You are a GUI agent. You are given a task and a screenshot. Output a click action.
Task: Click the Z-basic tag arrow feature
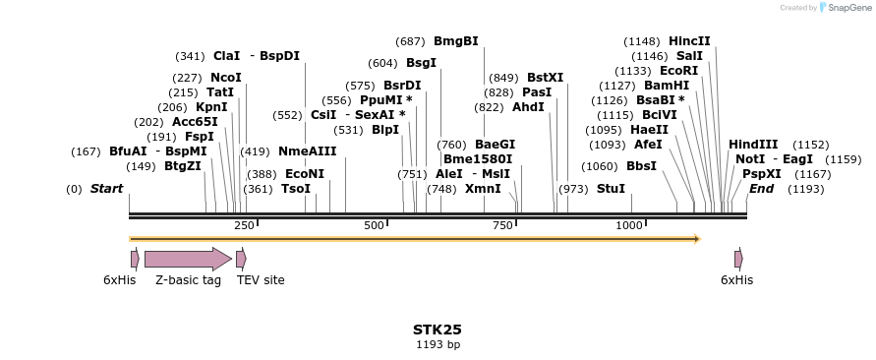pos(187,259)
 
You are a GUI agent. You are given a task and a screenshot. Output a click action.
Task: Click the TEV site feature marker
pos(241,259)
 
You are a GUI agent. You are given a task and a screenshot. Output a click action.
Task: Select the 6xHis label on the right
pos(736,280)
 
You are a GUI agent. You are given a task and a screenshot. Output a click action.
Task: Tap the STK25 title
pos(438,330)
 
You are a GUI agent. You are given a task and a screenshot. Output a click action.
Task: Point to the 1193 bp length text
pos(438,344)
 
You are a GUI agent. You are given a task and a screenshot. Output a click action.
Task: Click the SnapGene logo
pos(831,8)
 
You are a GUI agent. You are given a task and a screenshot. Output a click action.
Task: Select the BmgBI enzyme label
pos(455,41)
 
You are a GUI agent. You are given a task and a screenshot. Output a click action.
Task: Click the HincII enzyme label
pos(689,41)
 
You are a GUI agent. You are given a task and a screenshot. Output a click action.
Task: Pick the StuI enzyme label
pos(611,189)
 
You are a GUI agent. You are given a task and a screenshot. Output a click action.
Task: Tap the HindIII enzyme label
pos(753,145)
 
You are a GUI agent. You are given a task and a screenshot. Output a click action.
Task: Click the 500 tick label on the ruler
pos(375,226)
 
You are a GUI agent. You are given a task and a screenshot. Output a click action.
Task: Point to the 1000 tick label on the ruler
pos(629,226)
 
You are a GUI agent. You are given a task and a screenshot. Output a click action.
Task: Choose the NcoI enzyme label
pos(225,78)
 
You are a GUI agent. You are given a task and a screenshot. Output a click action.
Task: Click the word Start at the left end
pos(107,189)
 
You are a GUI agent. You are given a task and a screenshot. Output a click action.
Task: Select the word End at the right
pos(761,189)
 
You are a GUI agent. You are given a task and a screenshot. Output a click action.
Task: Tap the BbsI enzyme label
pos(641,166)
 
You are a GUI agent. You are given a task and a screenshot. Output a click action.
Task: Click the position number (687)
pos(410,41)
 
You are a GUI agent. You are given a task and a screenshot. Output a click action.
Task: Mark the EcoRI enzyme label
pos(678,71)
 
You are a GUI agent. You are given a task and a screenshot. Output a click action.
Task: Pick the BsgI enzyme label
pos(421,63)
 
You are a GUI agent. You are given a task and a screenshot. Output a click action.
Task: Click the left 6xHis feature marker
pos(135,259)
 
